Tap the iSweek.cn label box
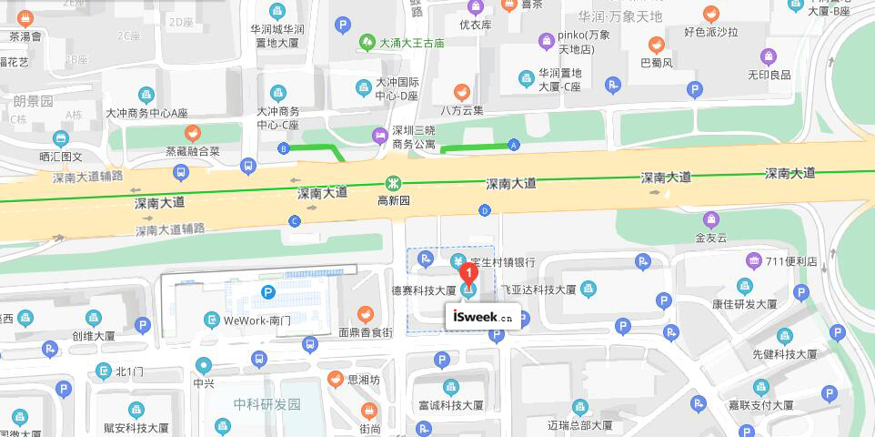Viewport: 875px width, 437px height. (483, 318)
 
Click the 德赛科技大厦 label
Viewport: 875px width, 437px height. (423, 290)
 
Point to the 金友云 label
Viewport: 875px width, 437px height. (711, 238)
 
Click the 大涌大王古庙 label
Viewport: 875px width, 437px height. (411, 43)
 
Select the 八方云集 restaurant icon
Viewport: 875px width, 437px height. (462, 92)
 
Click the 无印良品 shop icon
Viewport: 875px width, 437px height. (769, 56)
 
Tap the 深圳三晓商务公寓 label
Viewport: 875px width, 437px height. (413, 137)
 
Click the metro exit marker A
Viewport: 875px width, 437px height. (514, 145)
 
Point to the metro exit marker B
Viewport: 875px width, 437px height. (284, 148)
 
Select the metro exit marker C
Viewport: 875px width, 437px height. (294, 221)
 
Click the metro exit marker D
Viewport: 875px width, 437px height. (484, 210)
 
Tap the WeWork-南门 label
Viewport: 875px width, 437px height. (257, 320)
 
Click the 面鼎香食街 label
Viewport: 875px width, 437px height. (366, 333)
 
